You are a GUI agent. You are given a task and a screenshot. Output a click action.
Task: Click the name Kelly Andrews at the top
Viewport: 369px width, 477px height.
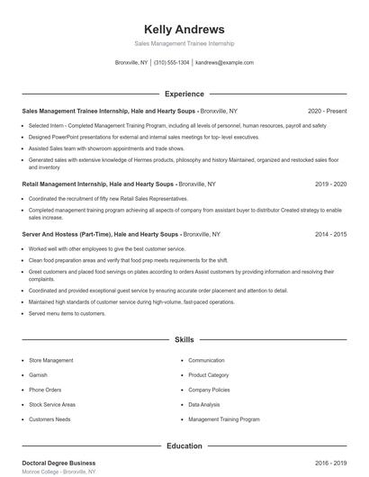(x=184, y=29)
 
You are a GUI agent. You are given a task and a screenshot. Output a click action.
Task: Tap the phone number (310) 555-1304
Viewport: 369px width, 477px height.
(x=171, y=63)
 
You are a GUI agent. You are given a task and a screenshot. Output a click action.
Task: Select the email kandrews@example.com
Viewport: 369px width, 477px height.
(x=224, y=63)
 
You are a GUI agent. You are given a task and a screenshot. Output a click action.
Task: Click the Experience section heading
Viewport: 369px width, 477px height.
(x=184, y=94)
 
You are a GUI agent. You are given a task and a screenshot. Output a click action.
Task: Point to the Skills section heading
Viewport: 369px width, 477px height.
(x=184, y=340)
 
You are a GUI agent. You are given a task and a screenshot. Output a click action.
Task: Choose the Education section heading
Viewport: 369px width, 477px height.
(x=184, y=445)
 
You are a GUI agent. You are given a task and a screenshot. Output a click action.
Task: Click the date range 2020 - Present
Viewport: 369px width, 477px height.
(x=327, y=112)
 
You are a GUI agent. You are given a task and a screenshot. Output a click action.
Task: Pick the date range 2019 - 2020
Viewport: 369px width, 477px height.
(x=330, y=183)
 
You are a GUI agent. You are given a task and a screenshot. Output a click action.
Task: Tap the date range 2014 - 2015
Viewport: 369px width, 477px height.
(x=330, y=233)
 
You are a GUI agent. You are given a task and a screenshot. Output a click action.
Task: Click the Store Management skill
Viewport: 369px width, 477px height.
(x=51, y=360)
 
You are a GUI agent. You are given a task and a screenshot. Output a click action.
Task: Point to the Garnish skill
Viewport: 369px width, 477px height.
(x=38, y=374)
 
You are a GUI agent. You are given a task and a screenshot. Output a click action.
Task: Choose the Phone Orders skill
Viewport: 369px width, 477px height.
(x=45, y=390)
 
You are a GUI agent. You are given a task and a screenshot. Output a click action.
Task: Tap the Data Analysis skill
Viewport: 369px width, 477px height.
(x=205, y=404)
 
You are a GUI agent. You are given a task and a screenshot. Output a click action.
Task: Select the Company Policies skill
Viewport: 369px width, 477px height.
(x=209, y=390)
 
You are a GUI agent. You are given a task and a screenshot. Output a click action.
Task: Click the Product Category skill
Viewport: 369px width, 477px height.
(x=209, y=374)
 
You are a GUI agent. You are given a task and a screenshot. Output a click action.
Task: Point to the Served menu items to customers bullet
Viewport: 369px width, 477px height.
(x=67, y=313)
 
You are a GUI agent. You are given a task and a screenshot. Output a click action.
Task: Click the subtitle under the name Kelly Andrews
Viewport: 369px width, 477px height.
(x=184, y=43)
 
